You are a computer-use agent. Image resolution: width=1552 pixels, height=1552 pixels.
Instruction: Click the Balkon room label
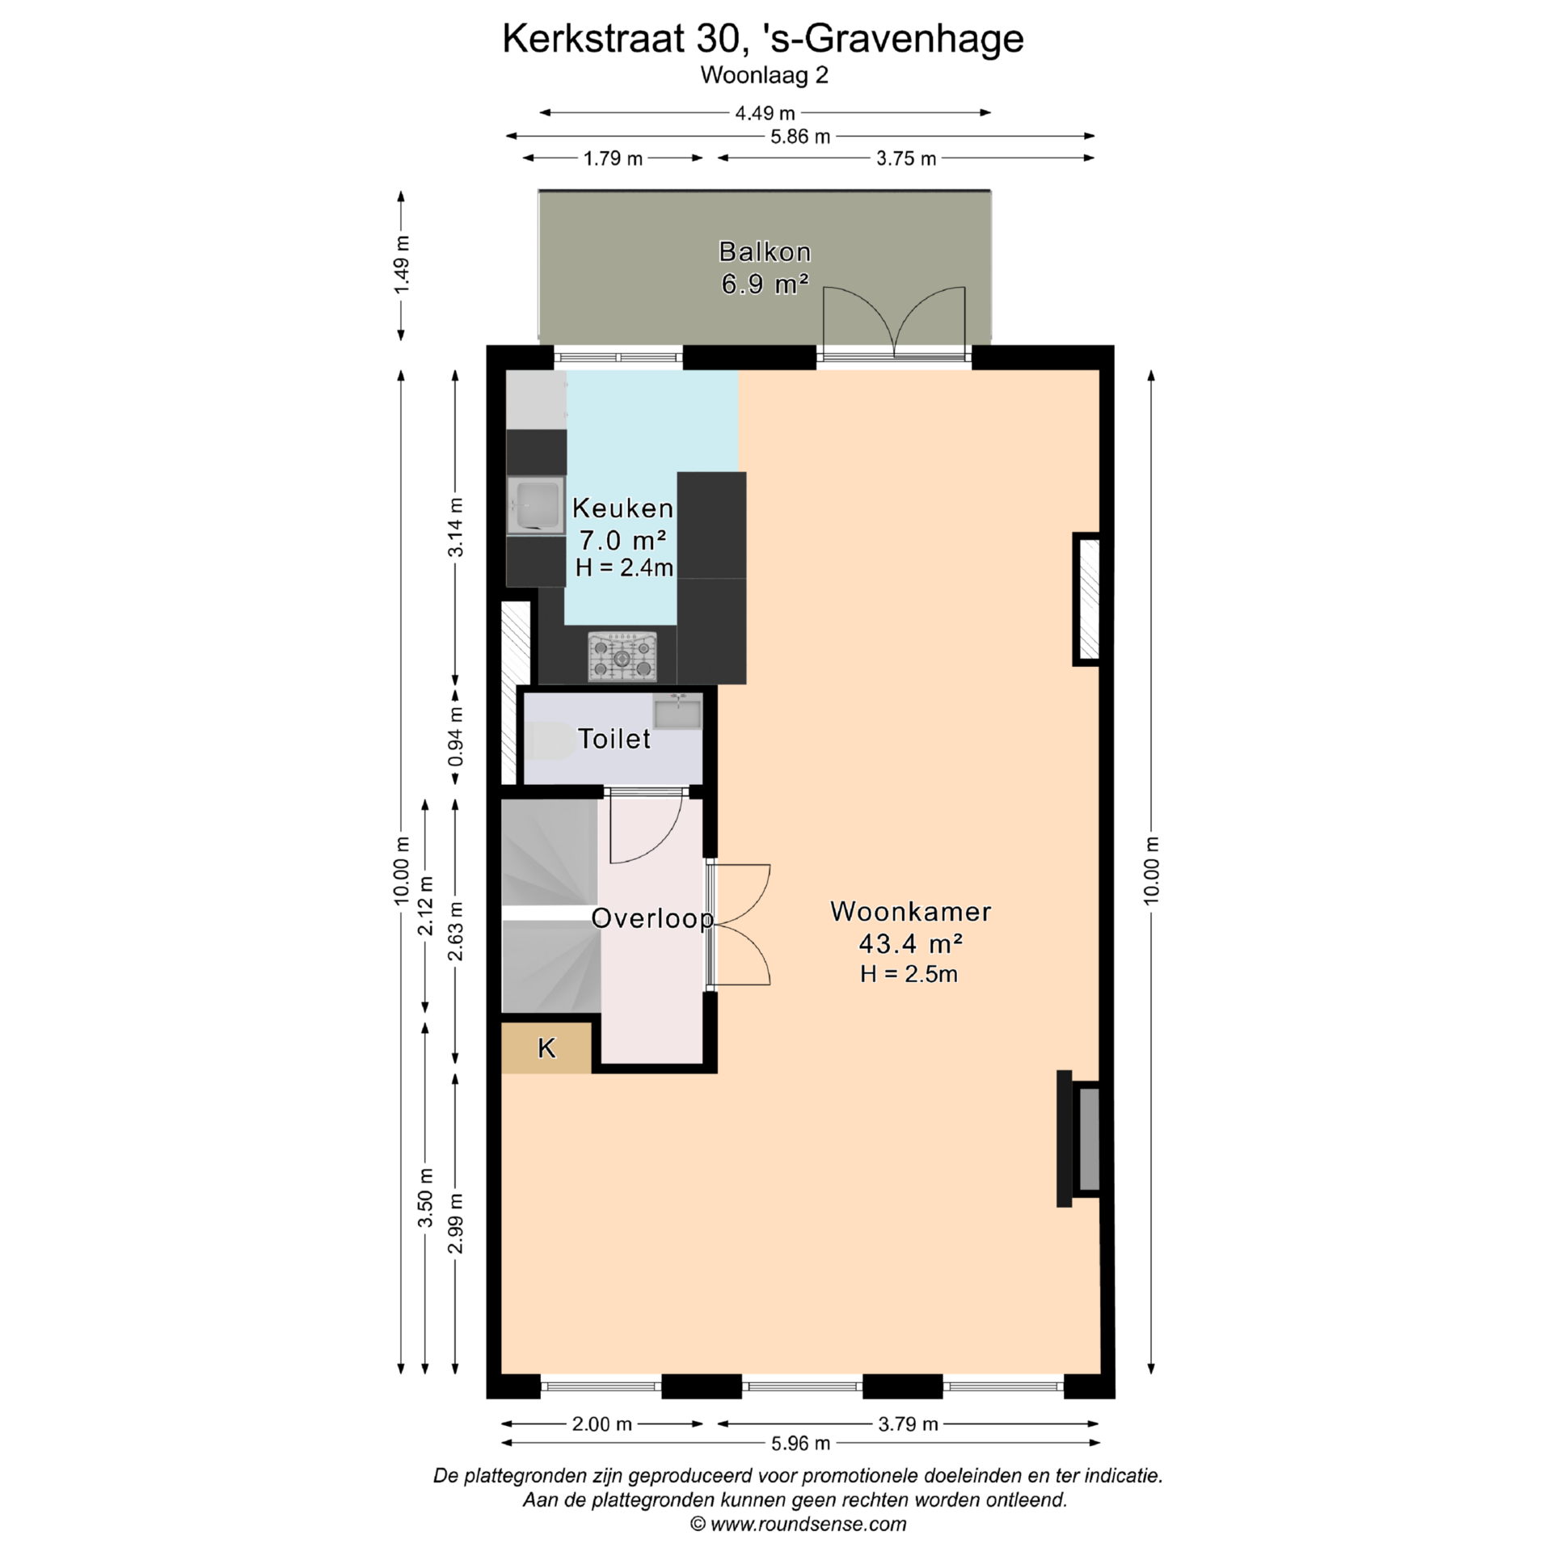coord(765,252)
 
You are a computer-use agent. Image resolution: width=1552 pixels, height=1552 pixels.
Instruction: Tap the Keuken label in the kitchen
coord(622,508)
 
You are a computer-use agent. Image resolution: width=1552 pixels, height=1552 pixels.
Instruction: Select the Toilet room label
coord(614,739)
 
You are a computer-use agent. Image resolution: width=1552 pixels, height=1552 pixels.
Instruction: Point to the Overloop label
coord(652,919)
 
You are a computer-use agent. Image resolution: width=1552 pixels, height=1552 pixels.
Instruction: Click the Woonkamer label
coord(910,912)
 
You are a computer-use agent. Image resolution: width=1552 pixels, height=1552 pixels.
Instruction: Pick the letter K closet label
coord(546,1048)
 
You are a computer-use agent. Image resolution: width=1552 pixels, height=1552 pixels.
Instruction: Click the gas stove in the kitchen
coord(622,656)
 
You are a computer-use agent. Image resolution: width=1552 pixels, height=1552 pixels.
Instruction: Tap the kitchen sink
coord(536,505)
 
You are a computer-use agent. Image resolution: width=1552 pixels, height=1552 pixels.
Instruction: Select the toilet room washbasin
coord(677,711)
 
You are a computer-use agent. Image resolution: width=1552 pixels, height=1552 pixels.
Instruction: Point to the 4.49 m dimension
coord(765,113)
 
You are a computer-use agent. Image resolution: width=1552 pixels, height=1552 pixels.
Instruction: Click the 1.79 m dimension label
coord(613,158)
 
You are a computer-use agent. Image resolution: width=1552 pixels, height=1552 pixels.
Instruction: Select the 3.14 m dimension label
coord(456,527)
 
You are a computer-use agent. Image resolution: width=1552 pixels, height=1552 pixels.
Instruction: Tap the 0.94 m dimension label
coord(456,737)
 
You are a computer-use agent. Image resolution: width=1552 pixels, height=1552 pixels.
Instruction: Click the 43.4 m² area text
coord(910,943)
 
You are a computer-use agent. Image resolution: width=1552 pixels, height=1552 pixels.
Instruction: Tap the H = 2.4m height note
coord(624,568)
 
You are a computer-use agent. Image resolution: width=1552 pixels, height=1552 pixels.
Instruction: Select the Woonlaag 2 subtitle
coord(765,75)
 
